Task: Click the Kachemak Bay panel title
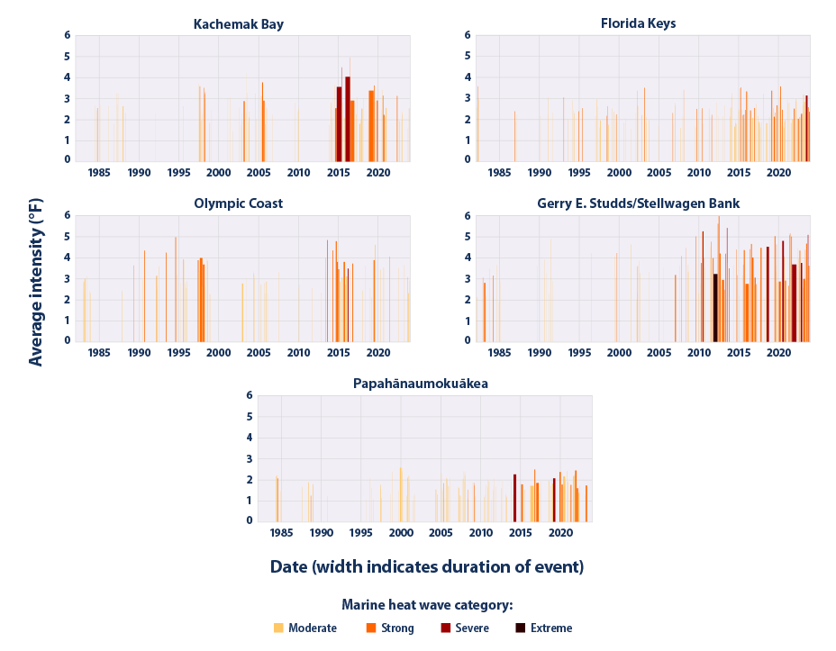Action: click(239, 24)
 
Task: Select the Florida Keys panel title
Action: click(638, 24)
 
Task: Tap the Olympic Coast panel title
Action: click(239, 204)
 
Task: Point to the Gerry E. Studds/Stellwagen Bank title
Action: click(638, 204)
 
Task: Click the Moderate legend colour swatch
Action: click(278, 628)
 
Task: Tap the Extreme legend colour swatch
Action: click(519, 628)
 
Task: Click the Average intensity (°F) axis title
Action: click(36, 278)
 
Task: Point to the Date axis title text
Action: click(427, 567)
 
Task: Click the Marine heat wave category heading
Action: click(427, 605)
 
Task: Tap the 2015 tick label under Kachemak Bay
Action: click(338, 173)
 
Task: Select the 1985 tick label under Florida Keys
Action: click(498, 173)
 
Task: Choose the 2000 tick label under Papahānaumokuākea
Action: click(401, 533)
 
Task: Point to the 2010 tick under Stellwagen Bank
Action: click(698, 353)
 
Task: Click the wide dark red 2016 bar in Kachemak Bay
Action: click(348, 118)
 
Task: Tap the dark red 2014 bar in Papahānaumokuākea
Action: click(514, 497)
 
